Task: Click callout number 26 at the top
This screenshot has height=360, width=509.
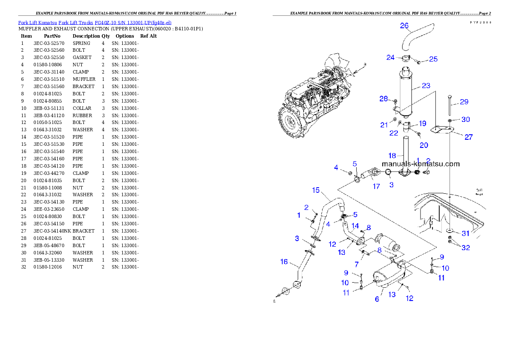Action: (x=404, y=26)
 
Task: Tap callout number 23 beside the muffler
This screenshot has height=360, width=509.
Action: (x=426, y=86)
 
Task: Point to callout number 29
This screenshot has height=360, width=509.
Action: (x=464, y=102)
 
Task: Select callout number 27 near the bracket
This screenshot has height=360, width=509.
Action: (x=469, y=137)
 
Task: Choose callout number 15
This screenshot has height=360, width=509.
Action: (x=316, y=190)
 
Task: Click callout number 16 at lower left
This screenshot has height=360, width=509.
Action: (x=284, y=262)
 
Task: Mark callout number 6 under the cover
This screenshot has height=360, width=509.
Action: (x=377, y=299)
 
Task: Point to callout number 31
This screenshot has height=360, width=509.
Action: (x=465, y=233)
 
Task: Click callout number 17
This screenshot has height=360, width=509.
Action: (x=376, y=186)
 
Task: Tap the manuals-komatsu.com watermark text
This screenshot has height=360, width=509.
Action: (x=420, y=164)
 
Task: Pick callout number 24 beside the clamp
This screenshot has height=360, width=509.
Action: (x=390, y=57)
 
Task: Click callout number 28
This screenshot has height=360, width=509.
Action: (x=383, y=99)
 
